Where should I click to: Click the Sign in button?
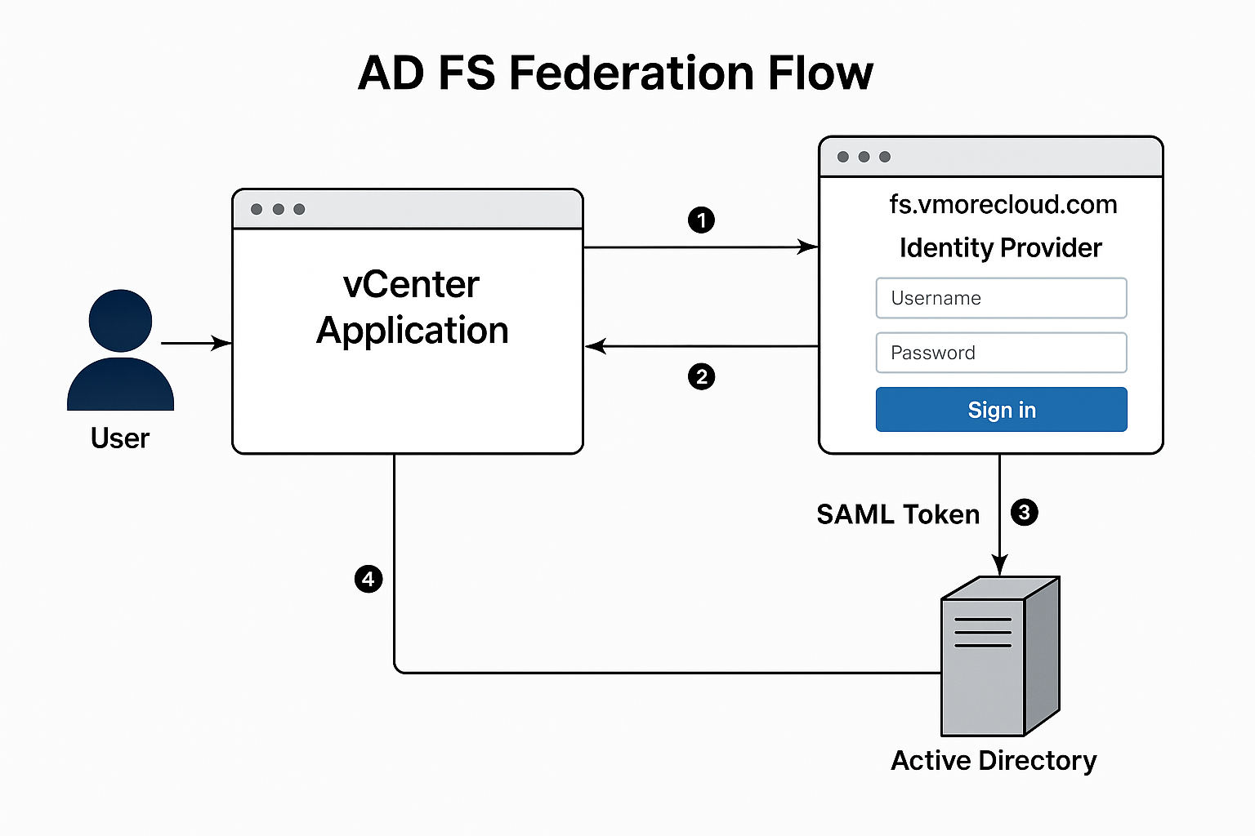click(x=1001, y=409)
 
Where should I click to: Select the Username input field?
click(x=1001, y=298)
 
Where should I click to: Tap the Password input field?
click(x=1001, y=353)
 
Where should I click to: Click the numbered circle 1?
click(x=701, y=220)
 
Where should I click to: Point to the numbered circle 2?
click(x=701, y=377)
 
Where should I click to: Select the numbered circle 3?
click(x=1024, y=513)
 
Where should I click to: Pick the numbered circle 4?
click(x=368, y=579)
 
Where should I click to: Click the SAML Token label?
click(x=898, y=514)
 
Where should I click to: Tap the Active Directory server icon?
click(x=1000, y=656)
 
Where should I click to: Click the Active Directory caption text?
click(x=994, y=761)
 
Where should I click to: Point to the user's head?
click(x=120, y=320)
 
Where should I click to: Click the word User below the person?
click(x=120, y=438)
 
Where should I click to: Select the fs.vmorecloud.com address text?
click(x=1003, y=204)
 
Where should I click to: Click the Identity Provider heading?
click(x=1001, y=248)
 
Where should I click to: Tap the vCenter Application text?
click(x=413, y=308)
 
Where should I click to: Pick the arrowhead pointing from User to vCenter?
click(x=222, y=343)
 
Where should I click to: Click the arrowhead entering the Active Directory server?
click(x=999, y=564)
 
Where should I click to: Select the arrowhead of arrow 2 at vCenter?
click(x=595, y=346)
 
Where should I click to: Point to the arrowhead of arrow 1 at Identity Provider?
click(x=807, y=247)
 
